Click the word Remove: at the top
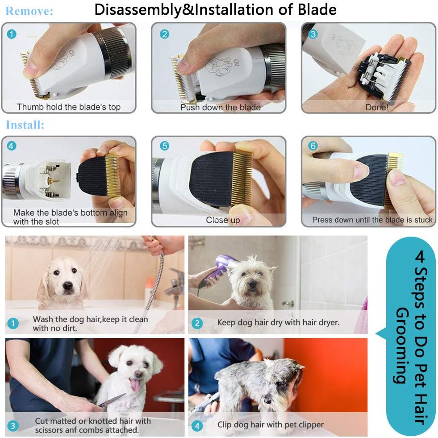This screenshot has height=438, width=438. [x=29, y=11]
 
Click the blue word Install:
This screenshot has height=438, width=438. [x=25, y=125]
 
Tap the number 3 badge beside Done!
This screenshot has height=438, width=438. [x=313, y=34]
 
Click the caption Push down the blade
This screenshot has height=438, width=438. [x=220, y=107]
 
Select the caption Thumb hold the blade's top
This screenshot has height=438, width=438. [x=68, y=107]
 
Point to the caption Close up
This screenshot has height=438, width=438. [x=223, y=220]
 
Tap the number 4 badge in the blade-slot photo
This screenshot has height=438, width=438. [x=13, y=146]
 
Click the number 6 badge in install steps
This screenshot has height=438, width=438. [x=313, y=146]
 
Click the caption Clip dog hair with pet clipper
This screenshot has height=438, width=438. [x=270, y=425]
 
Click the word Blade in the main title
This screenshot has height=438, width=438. [x=319, y=9]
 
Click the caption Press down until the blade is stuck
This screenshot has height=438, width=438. [x=372, y=220]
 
